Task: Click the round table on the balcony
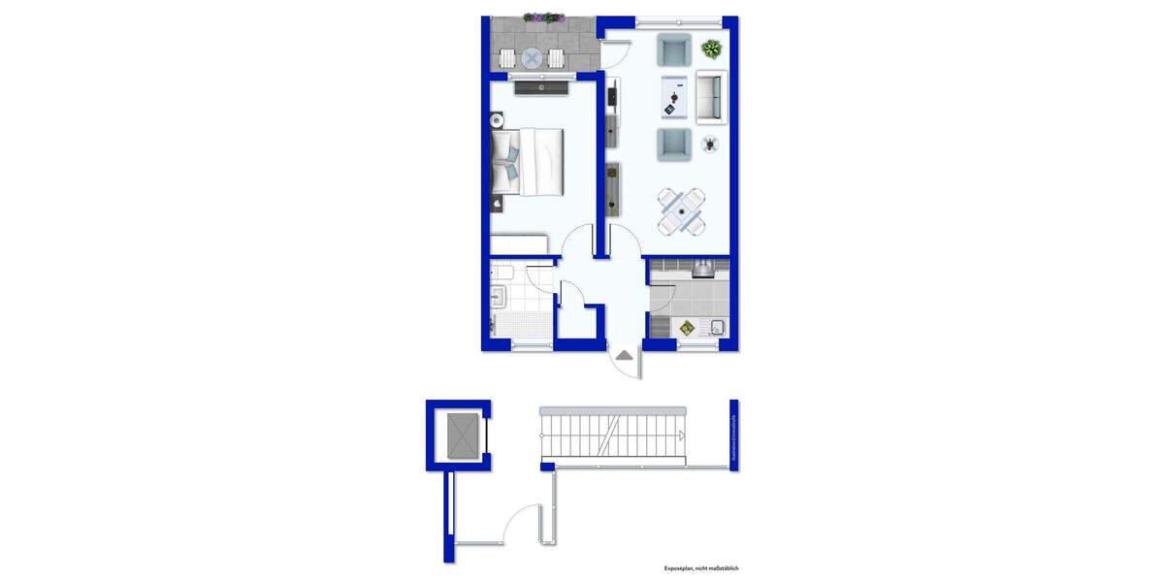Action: tap(531, 58)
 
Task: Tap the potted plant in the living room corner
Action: tap(712, 48)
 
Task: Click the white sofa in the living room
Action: tap(710, 96)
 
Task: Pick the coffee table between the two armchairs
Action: tap(673, 96)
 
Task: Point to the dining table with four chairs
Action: tap(681, 210)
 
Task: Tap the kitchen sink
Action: tap(716, 327)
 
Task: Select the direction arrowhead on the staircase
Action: tap(684, 434)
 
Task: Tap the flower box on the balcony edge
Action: tap(544, 17)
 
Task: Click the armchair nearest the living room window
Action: tap(673, 48)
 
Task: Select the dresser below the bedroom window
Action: tap(541, 88)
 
